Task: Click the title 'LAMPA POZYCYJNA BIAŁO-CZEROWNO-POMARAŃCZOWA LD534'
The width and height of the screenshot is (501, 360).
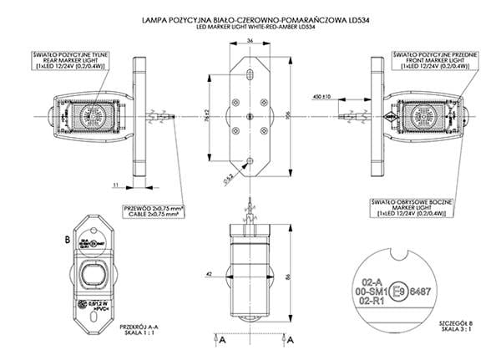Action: [250, 17]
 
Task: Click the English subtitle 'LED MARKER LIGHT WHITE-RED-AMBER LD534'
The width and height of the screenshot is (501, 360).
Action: [250, 25]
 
